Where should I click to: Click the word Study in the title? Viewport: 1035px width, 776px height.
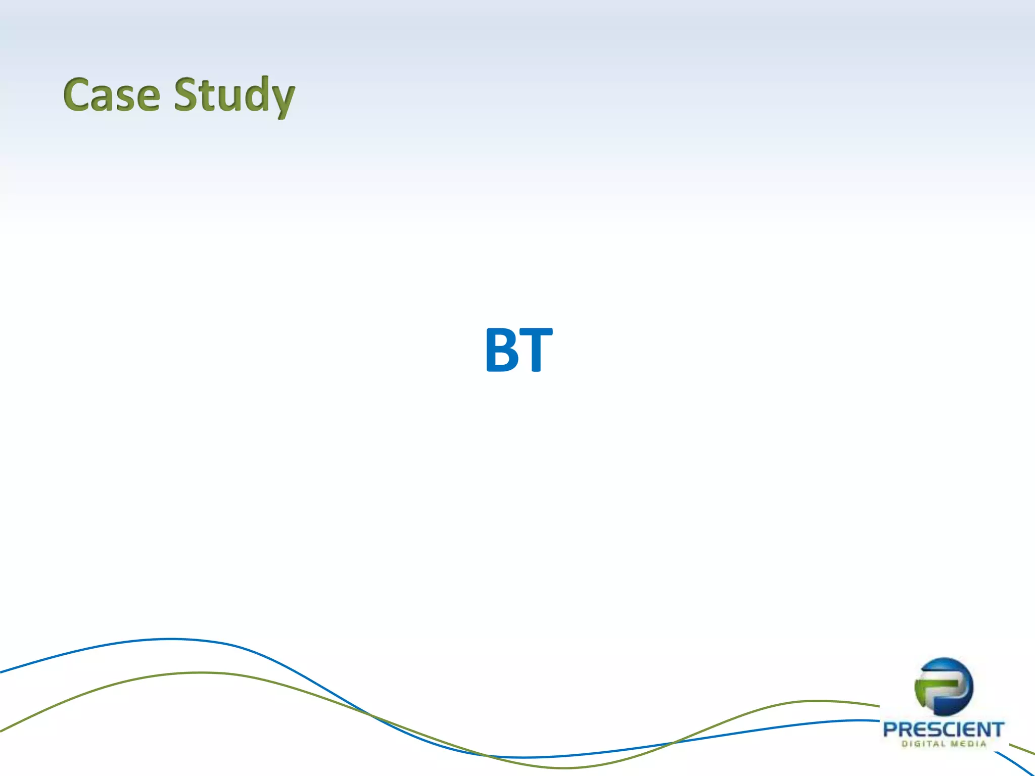point(234,96)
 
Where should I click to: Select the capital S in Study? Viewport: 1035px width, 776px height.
point(187,94)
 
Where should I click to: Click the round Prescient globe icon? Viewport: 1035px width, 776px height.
point(944,687)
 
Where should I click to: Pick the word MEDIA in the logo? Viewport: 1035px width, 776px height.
point(968,744)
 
